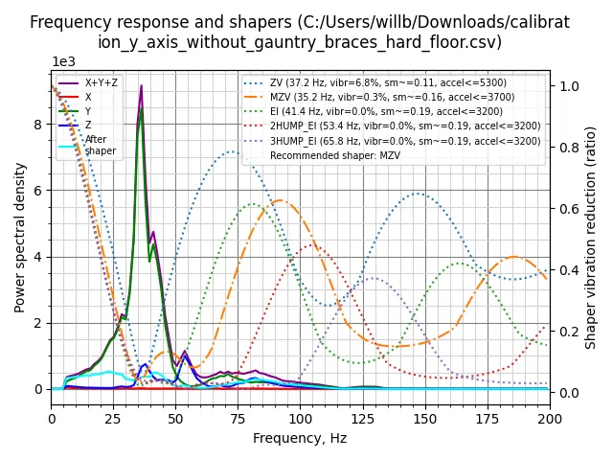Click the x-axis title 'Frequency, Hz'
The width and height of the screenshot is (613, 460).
point(300,438)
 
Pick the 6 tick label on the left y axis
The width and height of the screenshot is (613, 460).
point(38,191)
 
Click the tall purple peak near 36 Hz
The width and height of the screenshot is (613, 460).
point(141,86)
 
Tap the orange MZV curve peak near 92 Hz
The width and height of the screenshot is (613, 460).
point(280,200)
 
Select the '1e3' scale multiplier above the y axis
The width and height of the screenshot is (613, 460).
point(63,61)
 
